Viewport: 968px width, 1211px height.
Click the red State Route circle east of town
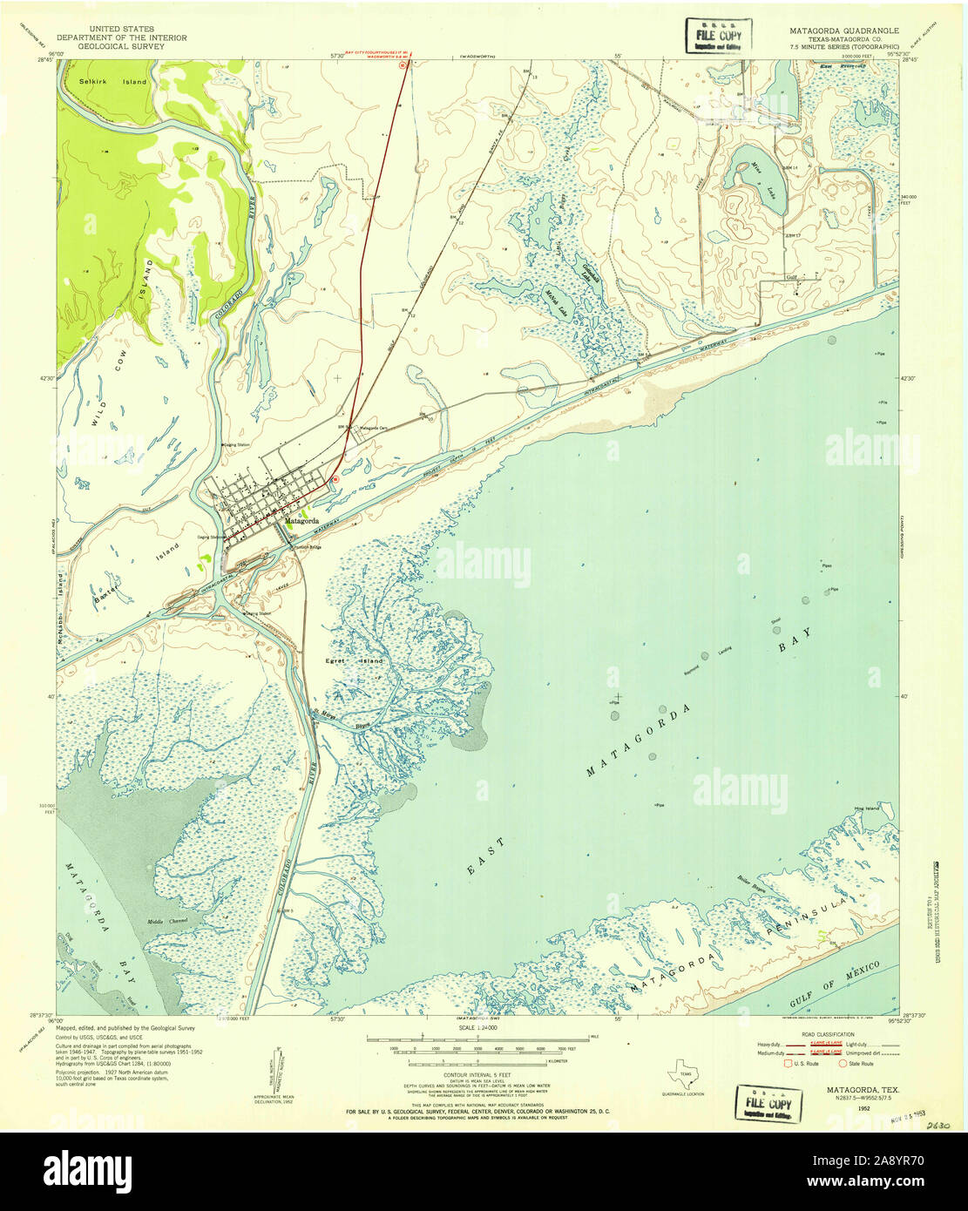pos(335,478)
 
